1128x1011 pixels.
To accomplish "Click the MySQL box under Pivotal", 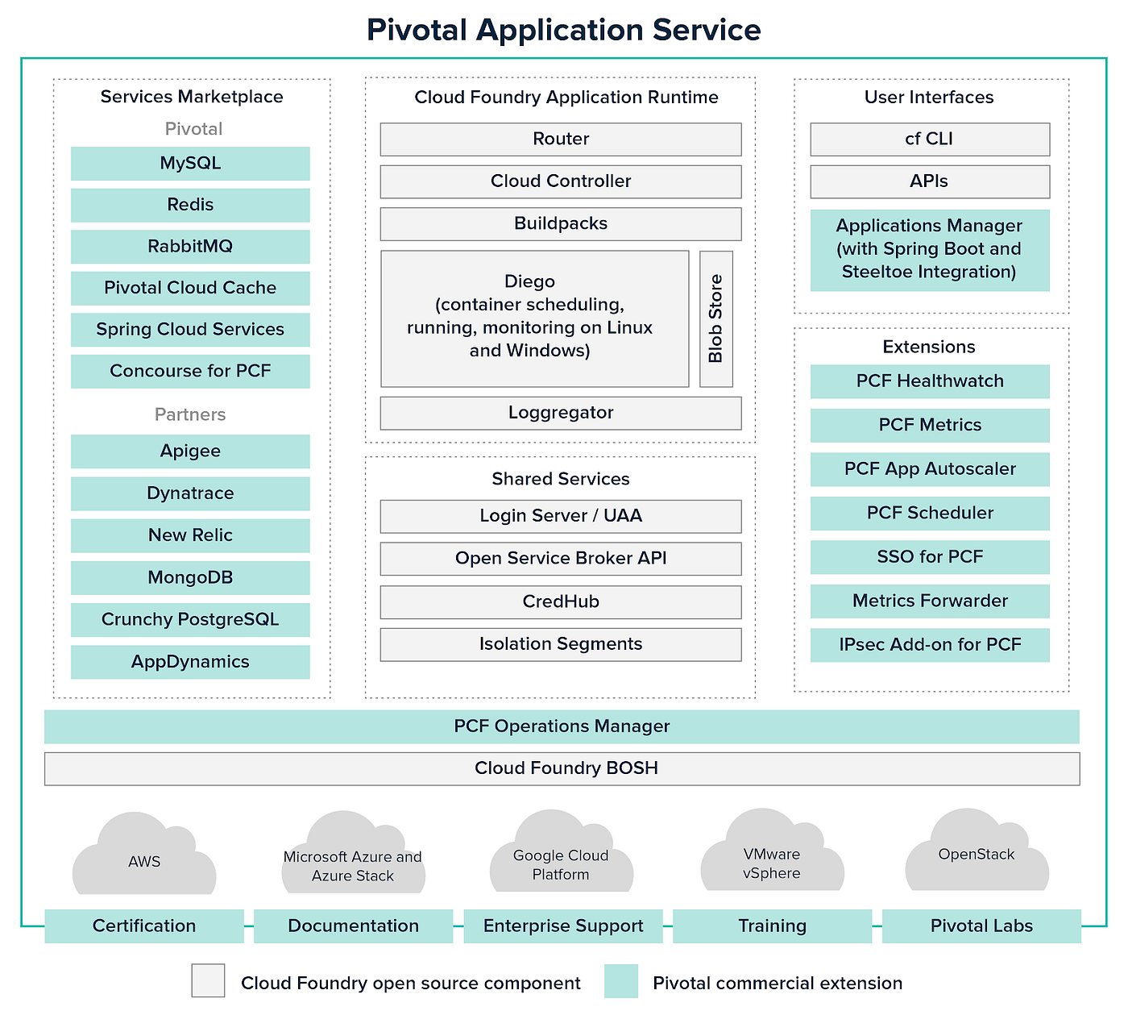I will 190,164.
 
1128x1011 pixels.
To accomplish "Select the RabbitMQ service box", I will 190,247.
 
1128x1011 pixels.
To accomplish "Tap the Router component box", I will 561,139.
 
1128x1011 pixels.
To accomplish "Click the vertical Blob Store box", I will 715,319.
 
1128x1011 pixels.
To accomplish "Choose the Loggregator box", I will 561,413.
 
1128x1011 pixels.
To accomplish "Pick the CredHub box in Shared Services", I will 561,601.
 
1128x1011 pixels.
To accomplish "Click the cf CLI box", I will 930,139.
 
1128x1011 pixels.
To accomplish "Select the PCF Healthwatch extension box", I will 930,381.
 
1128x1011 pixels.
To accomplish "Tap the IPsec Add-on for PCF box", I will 930,645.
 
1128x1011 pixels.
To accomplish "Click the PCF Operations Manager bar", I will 562,726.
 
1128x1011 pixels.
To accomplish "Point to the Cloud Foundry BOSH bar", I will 562,768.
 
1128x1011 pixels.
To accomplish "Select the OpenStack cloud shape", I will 977,855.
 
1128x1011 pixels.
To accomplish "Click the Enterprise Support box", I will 563,926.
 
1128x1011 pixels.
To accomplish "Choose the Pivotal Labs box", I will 981,926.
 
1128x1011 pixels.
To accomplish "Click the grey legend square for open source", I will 208,981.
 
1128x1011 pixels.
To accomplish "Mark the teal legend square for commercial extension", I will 621,981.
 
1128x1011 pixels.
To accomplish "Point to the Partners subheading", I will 190,414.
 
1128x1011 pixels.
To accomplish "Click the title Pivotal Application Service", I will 563,30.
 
